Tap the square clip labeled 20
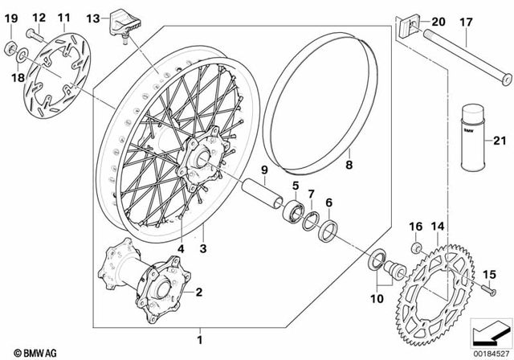(x=408, y=30)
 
